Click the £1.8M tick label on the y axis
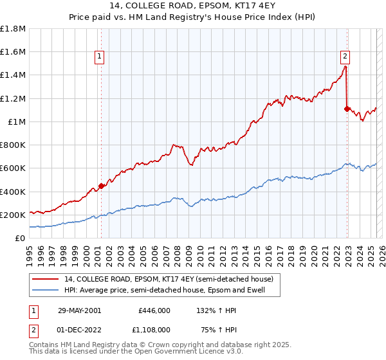(x=13, y=29)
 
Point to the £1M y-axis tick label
(x=15, y=122)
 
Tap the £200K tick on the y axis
(x=13, y=215)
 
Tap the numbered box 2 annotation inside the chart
(x=345, y=55)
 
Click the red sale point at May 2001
(x=101, y=186)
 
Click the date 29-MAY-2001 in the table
(x=79, y=310)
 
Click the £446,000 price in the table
(x=154, y=310)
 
